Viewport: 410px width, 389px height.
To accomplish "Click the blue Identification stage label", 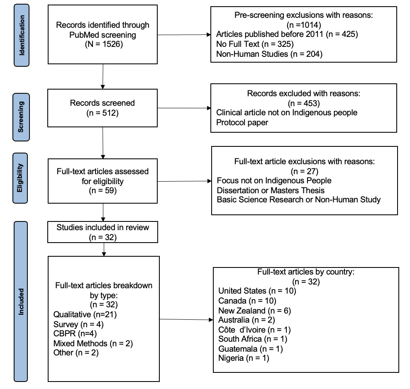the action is pyautogui.click(x=22, y=35).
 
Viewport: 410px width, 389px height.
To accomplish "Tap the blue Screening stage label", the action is pyautogui.click(x=21, y=117).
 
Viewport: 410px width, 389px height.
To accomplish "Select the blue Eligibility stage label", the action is pyautogui.click(x=20, y=178).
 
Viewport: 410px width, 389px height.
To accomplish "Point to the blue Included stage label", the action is pyautogui.click(x=21, y=301).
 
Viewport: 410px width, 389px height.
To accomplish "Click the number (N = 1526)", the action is pyautogui.click(x=104, y=44).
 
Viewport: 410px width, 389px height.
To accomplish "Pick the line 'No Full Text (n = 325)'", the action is pyautogui.click(x=255, y=44).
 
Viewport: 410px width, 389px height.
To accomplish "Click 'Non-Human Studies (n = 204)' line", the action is pyautogui.click(x=269, y=54).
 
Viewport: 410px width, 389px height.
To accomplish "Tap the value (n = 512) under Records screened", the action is pyautogui.click(x=102, y=113).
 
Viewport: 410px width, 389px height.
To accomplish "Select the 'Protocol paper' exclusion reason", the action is pyautogui.click(x=242, y=122).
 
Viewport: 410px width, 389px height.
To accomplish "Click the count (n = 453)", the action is pyautogui.click(x=304, y=103).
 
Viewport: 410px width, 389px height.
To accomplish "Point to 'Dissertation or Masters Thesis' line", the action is pyautogui.click(x=271, y=190).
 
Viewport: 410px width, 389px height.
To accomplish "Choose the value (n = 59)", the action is pyautogui.click(x=102, y=190).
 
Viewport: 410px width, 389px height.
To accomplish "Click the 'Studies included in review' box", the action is pyautogui.click(x=103, y=232).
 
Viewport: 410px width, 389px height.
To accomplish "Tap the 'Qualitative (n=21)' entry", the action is pyautogui.click(x=85, y=314).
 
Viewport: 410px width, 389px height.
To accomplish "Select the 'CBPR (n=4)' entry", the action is pyautogui.click(x=75, y=333).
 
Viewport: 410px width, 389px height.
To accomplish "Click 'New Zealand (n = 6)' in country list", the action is pyautogui.click(x=254, y=311).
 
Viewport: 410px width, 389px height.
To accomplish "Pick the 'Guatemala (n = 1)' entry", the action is pyautogui.click(x=251, y=349).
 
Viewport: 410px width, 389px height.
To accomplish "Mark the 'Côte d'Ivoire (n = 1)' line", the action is pyautogui.click(x=254, y=330).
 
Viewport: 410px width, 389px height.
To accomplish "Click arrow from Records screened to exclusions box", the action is pyautogui.click(x=184, y=108).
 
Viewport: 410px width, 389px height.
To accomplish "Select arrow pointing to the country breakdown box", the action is pyautogui.click(x=186, y=319).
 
